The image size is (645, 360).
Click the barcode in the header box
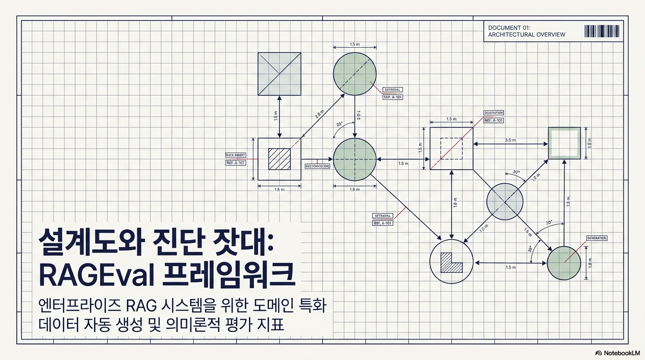click(x=602, y=31)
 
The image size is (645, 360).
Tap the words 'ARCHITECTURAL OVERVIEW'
click(x=526, y=35)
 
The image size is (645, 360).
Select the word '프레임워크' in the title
click(x=228, y=276)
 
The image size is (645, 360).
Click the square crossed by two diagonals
click(x=279, y=74)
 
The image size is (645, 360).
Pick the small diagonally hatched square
click(x=279, y=159)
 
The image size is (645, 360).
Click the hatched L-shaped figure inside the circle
click(x=450, y=263)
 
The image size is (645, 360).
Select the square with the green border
click(x=564, y=143)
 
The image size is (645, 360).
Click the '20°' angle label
click(x=340, y=124)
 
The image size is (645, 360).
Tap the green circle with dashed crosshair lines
click(x=355, y=159)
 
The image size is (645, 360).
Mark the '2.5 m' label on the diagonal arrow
click(x=319, y=114)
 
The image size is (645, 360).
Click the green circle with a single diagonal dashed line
click(x=355, y=74)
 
